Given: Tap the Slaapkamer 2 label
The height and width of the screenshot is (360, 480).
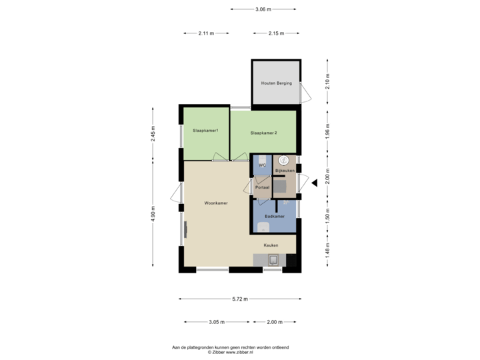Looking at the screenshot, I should (263, 133).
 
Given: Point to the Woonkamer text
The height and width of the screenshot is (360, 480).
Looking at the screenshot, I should (216, 203).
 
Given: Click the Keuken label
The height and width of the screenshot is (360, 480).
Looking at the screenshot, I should (270, 245).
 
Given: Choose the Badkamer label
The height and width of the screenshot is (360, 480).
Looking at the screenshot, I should (275, 217).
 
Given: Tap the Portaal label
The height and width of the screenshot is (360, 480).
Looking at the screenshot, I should (263, 187).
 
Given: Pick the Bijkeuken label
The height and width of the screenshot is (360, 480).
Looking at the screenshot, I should (285, 171).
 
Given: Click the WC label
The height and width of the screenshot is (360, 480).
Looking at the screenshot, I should (263, 164).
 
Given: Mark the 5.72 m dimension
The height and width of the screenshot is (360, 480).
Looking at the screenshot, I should (240, 299).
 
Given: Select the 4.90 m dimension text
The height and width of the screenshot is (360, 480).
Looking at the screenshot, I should (153, 213).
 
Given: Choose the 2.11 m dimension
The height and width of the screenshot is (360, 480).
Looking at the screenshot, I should (207, 33).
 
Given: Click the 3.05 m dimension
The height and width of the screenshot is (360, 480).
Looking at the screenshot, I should (216, 322).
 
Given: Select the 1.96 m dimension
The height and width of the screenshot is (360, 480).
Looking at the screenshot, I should (327, 133).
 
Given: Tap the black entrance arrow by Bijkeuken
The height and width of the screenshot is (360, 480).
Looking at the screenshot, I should (315, 181).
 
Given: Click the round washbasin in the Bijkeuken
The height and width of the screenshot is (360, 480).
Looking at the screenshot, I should (284, 160).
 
